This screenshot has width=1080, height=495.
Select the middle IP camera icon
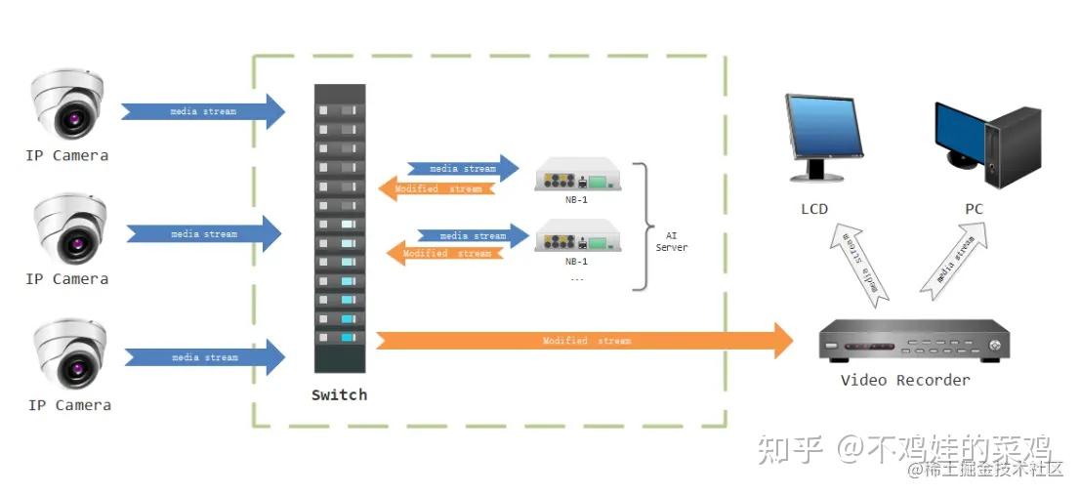click(66, 228)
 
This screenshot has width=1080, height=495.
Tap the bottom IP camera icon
click(66, 354)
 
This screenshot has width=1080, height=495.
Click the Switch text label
click(339, 395)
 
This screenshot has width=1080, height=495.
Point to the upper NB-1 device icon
click(576, 177)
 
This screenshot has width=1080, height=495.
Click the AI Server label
click(671, 241)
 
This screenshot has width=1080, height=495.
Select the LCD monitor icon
click(824, 137)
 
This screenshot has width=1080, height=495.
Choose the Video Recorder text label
click(905, 380)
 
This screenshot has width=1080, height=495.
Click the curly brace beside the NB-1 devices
click(643, 227)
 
